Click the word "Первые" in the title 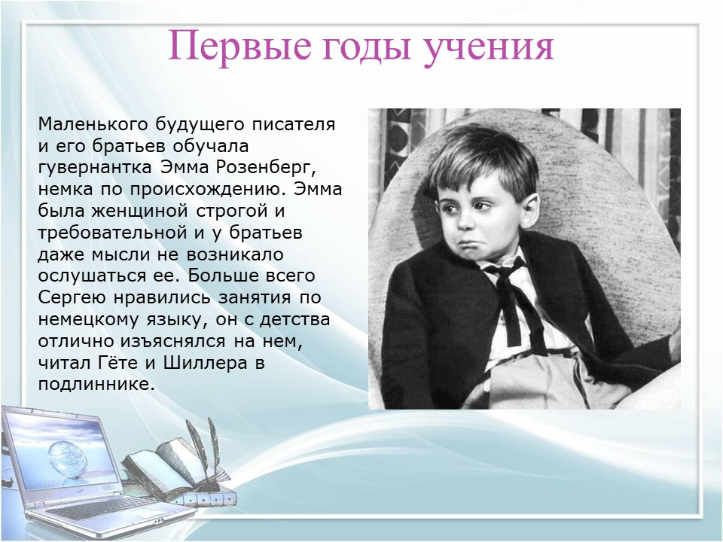[x=239, y=45]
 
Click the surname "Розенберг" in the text [x=266, y=167]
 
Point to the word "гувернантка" [x=95, y=168]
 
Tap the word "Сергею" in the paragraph [x=72, y=298]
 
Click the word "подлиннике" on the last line [x=94, y=385]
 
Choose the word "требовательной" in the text [x=113, y=233]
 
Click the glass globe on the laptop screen [x=67, y=459]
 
